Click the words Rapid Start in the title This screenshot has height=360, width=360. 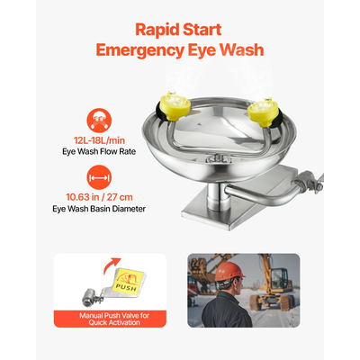point(180,29)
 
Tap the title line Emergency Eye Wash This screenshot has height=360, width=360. point(180,50)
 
